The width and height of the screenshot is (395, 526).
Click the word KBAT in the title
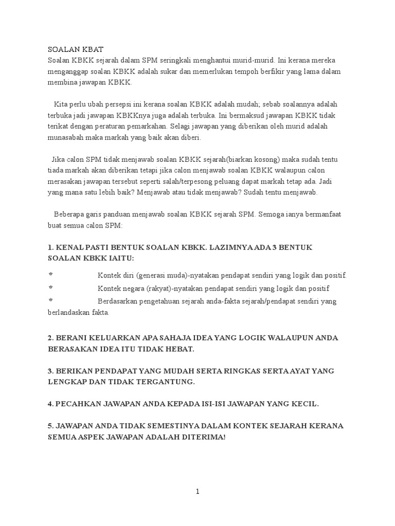pyautogui.click(x=92, y=49)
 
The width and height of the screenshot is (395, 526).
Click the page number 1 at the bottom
pyautogui.click(x=197, y=492)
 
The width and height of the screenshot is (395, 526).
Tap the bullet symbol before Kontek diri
pyautogui.click(x=50, y=275)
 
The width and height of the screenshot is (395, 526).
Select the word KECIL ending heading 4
pyautogui.click(x=303, y=404)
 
